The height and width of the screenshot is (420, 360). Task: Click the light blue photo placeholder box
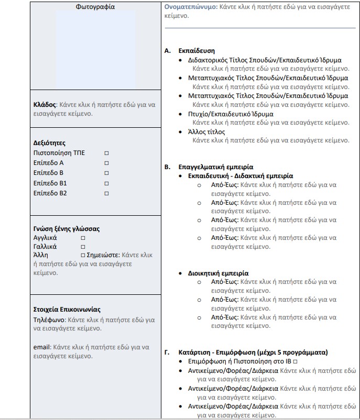pyautogui.click(x=95, y=50)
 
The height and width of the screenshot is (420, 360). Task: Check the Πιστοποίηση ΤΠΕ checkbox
pyautogui.click(x=106, y=153)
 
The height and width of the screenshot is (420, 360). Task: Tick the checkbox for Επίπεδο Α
pyautogui.click(x=106, y=163)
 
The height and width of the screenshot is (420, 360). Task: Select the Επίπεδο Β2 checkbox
pyautogui.click(x=106, y=193)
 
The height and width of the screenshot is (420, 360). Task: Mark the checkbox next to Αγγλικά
pyautogui.click(x=83, y=238)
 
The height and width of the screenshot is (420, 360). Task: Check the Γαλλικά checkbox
pyautogui.click(x=83, y=246)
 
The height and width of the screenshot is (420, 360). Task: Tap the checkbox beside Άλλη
pyautogui.click(x=83, y=255)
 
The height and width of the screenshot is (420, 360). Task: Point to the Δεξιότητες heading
pyautogui.click(x=49, y=143)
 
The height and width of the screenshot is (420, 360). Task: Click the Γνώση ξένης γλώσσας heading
pyautogui.click(x=66, y=229)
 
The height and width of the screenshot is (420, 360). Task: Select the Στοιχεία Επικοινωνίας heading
pyautogui.click(x=67, y=310)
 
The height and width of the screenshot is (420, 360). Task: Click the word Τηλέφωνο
pyautogui.click(x=49, y=319)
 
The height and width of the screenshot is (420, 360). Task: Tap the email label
pyautogui.click(x=41, y=347)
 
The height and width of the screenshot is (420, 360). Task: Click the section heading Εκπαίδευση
pyautogui.click(x=197, y=51)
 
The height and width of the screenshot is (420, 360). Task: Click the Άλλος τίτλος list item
pyautogui.click(x=206, y=131)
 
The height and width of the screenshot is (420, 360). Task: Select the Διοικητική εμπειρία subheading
pyautogui.click(x=218, y=273)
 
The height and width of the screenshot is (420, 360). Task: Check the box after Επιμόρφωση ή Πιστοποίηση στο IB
pyautogui.click(x=296, y=362)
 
